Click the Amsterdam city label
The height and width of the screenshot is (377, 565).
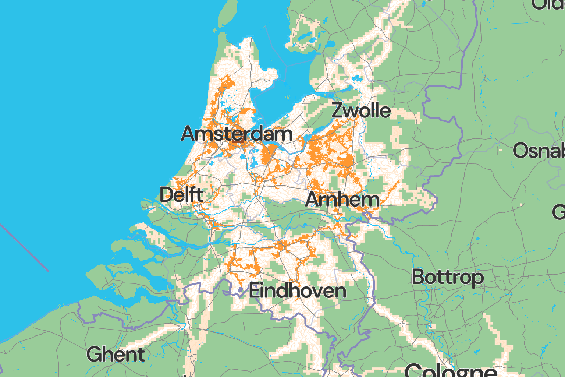click(x=237, y=133)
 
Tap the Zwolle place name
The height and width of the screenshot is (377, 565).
click(x=361, y=110)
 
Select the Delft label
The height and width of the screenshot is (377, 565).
click(x=181, y=195)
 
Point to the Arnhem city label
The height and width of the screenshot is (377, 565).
click(x=342, y=200)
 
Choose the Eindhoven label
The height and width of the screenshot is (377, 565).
click(x=297, y=291)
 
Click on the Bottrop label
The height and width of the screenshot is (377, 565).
click(x=447, y=277)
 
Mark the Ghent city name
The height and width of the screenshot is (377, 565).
click(x=116, y=355)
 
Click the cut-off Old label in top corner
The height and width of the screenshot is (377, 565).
click(x=548, y=4)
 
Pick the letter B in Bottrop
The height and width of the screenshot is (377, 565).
click(x=418, y=277)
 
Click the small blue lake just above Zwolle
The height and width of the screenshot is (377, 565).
click(x=356, y=78)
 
